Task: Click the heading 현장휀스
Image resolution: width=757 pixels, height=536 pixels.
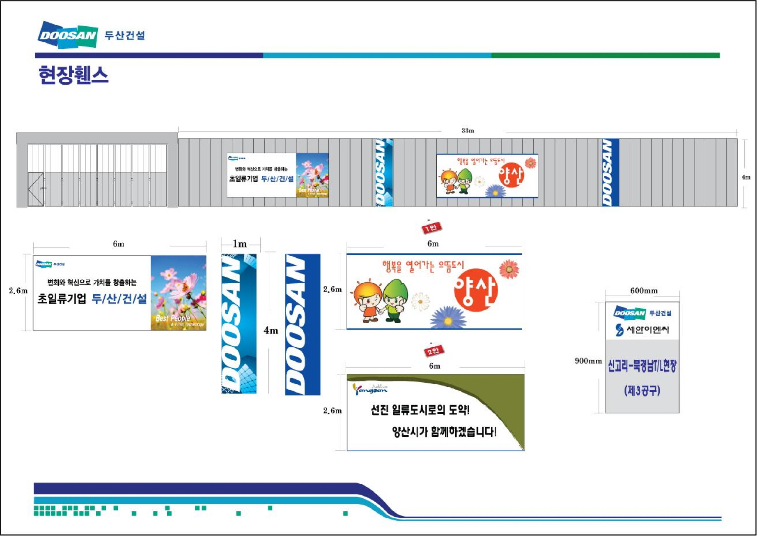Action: pos(73,75)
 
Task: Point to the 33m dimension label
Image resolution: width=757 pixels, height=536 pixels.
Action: pos(468,131)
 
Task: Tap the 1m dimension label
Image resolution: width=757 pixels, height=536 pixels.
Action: pos(240,244)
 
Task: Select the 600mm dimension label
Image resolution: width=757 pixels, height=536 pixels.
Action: pos(644,291)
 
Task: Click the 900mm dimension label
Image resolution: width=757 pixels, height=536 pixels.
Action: pos(588,361)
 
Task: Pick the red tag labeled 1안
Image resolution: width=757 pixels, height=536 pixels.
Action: pos(431,228)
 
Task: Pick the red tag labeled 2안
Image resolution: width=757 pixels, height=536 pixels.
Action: pos(434,351)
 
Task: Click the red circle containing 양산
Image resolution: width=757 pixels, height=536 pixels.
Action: pos(476,290)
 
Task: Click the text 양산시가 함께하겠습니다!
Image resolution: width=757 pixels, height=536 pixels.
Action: pos(444,432)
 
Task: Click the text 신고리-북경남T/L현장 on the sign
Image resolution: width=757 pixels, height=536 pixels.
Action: pos(642,366)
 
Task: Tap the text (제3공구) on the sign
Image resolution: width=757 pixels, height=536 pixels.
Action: pos(642,390)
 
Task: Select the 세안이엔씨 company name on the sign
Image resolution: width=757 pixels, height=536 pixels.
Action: pos(647,330)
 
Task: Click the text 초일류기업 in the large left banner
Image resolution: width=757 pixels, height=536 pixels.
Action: pos(62,298)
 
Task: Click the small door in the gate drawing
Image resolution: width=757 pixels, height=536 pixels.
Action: pos(36,189)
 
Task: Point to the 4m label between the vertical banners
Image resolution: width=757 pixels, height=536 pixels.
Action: pos(271,330)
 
